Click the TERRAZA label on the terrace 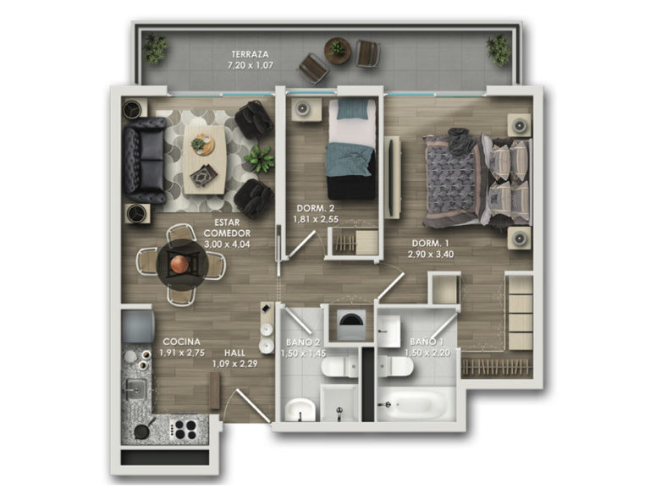pyautogui.click(x=250, y=54)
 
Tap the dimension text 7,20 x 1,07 pyautogui.click(x=250, y=65)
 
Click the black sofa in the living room pyautogui.click(x=145, y=160)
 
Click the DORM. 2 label pyautogui.click(x=316, y=208)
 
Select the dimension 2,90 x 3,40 pyautogui.click(x=431, y=254)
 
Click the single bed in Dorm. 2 pyautogui.click(x=352, y=149)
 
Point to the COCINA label pyautogui.click(x=182, y=342)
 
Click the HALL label pyautogui.click(x=234, y=353)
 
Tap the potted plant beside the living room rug pyautogui.click(x=260, y=159)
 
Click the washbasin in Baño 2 pyautogui.click(x=300, y=409)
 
